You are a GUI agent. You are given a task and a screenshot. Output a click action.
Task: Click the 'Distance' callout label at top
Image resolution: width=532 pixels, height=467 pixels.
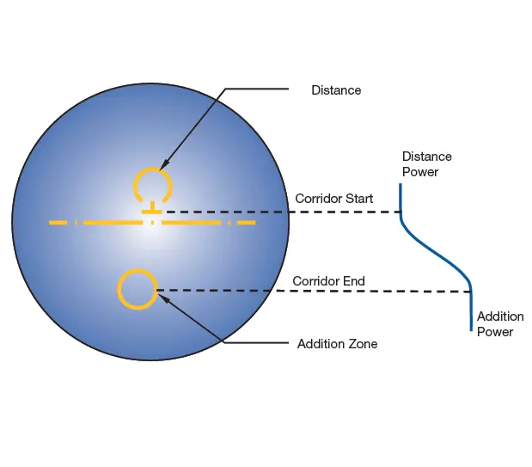tap(336, 90)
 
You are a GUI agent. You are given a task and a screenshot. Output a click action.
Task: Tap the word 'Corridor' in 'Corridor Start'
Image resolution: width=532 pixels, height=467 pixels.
tap(317, 199)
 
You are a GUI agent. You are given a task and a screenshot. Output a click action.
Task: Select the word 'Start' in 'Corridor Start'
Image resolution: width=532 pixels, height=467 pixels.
tap(358, 199)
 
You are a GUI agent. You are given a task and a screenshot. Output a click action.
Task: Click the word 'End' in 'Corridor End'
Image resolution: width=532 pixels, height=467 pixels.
tap(354, 281)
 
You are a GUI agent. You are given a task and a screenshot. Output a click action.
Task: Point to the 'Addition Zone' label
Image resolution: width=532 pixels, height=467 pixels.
tap(337, 344)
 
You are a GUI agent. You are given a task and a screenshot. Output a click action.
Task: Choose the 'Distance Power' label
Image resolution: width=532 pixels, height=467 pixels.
tap(427, 164)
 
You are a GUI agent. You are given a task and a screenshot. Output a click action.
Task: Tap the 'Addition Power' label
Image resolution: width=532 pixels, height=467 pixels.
tap(500, 324)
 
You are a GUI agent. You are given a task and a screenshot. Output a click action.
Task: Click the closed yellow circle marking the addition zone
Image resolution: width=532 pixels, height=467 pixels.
tap(138, 270)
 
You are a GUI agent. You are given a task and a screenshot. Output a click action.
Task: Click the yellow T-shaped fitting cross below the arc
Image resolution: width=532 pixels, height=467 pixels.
tap(152, 208)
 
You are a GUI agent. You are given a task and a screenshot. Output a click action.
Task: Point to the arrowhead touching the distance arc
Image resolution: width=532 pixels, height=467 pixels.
tap(162, 165)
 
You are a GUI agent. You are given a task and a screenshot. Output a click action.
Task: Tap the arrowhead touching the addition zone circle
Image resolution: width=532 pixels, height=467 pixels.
tap(162, 298)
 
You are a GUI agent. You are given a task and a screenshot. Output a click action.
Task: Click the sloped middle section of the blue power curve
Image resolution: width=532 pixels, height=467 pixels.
tap(434, 251)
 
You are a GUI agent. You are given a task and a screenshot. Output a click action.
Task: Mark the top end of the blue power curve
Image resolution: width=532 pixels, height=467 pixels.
tap(401, 184)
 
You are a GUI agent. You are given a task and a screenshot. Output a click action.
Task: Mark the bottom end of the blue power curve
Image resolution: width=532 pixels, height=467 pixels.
tap(471, 330)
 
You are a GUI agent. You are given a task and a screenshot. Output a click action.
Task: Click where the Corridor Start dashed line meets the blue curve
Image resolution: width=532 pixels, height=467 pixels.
tap(401, 212)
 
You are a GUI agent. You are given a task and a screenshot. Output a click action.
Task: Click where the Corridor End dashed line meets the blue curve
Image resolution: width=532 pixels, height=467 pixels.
tap(471, 292)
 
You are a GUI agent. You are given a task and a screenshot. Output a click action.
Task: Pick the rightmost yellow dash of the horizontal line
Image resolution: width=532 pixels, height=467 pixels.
tap(247, 223)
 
